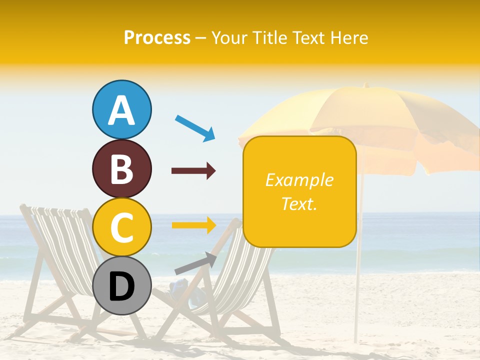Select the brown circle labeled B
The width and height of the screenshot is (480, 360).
click(x=122, y=168)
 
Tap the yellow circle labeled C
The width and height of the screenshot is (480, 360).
click(x=122, y=227)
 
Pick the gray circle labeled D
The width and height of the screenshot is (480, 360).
click(x=122, y=286)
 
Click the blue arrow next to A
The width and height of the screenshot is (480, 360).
click(x=195, y=127)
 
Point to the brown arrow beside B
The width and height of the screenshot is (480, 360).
click(x=193, y=171)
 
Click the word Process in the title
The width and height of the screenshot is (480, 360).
click(x=157, y=37)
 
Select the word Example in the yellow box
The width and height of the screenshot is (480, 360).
click(x=299, y=180)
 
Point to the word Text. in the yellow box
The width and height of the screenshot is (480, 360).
click(x=299, y=203)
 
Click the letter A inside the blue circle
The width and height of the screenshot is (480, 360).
click(x=122, y=110)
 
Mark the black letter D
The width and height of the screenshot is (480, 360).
click(x=122, y=287)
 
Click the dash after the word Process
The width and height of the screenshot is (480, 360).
click(x=201, y=38)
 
